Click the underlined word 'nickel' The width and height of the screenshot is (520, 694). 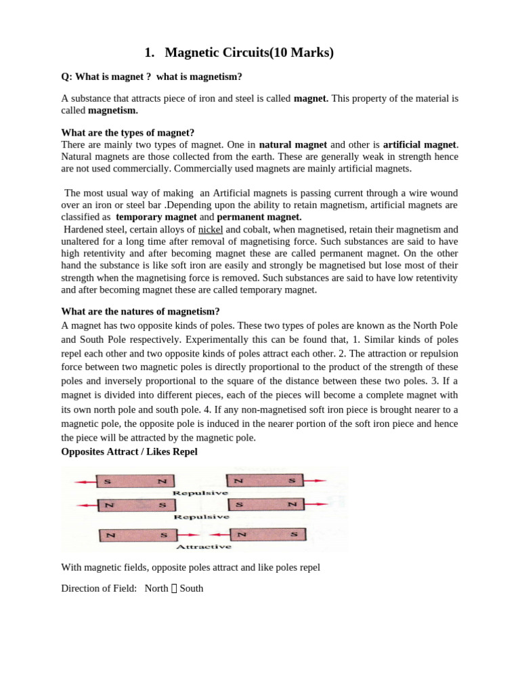211,230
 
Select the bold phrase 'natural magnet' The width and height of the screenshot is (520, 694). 292,144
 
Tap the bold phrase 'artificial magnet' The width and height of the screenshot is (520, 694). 420,144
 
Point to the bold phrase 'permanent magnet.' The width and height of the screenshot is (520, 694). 259,217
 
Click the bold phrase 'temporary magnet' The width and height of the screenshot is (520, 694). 156,217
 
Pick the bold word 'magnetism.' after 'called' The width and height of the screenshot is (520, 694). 113,110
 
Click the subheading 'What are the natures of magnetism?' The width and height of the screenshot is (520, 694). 140,311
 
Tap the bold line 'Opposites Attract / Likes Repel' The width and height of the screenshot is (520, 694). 129,451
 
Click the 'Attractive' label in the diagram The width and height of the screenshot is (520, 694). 203,546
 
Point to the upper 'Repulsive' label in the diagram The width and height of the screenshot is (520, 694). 201,493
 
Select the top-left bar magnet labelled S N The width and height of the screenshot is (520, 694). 135,481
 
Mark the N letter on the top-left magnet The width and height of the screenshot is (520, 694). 161,481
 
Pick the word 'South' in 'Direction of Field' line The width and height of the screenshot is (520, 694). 191,588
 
